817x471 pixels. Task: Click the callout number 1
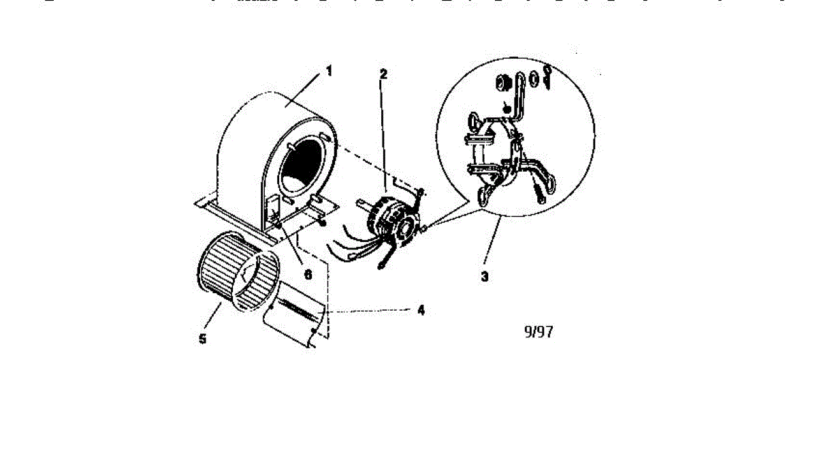pyautogui.click(x=330, y=70)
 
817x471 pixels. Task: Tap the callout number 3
pyautogui.click(x=484, y=277)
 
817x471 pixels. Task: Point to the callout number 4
pyautogui.click(x=421, y=309)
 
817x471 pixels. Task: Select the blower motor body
pyautogui.click(x=385, y=218)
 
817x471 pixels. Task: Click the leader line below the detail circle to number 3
pyautogui.click(x=494, y=245)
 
